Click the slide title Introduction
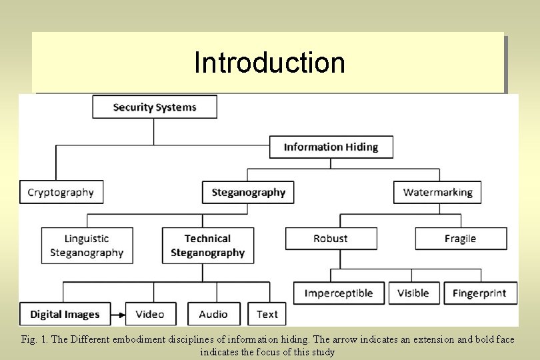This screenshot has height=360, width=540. point(269,63)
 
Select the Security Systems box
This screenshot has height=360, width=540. point(155,107)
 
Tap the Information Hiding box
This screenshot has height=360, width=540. point(331,147)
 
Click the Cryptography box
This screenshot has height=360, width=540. point(61,193)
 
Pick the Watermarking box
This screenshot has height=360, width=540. point(437,193)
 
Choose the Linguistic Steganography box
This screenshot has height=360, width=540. point(87,245)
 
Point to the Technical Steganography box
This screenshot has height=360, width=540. point(207,245)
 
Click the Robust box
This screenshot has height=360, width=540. point(331,239)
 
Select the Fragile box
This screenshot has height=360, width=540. point(461,239)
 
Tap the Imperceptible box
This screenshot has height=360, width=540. point(339,293)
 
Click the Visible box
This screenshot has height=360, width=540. point(413,293)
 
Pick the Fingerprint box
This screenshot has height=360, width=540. point(479,293)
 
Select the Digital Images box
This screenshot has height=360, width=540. point(65,314)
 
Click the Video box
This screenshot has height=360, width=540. point(150,314)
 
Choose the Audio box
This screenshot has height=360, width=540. point(213,314)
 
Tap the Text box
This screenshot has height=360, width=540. point(267,314)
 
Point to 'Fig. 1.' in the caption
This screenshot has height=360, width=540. point(33,339)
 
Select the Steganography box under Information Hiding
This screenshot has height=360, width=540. point(248,193)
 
